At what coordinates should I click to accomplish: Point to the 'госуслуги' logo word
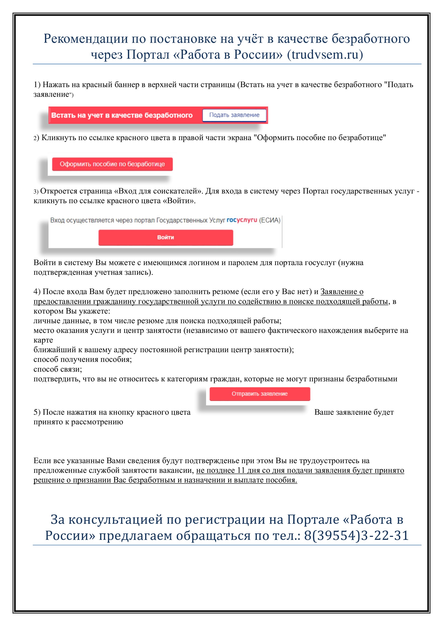pyautogui.click(x=242, y=220)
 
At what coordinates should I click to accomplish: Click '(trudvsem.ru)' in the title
pyautogui.click(x=325, y=54)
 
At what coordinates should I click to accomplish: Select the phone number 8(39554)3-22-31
pyautogui.click(x=356, y=536)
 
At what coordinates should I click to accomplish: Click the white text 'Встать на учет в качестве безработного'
pyautogui.click(x=122, y=115)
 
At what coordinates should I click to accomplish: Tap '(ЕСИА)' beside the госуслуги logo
pyautogui.click(x=269, y=220)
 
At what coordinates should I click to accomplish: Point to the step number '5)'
pyautogui.click(x=37, y=412)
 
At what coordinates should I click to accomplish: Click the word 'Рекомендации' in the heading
pyautogui.click(x=86, y=39)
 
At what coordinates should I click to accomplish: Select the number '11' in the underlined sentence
pyautogui.click(x=241, y=470)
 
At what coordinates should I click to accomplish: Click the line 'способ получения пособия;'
pyautogui.click(x=82, y=359)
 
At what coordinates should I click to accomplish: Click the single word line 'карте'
pyautogui.click(x=43, y=340)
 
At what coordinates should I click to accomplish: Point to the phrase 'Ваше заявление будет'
pyautogui.click(x=354, y=412)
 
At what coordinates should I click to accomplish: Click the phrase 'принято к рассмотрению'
pyautogui.click(x=78, y=422)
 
